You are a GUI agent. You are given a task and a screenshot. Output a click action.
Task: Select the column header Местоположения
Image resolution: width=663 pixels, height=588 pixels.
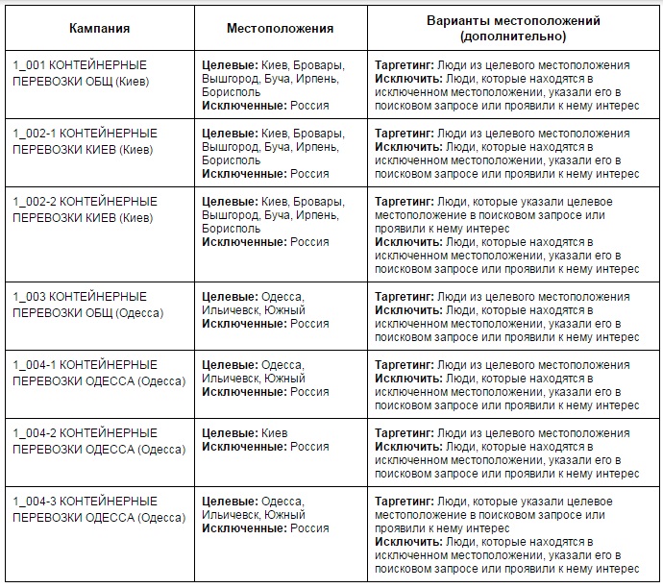(280, 28)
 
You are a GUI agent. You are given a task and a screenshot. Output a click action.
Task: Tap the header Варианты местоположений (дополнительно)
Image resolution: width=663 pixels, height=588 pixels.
(513, 28)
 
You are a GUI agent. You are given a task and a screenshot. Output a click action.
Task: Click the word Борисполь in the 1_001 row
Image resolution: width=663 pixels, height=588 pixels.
(231, 92)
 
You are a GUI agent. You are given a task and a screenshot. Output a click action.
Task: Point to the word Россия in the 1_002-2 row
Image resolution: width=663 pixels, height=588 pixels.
(309, 242)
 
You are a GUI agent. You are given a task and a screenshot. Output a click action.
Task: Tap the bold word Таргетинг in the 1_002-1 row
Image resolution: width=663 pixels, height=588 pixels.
(404, 134)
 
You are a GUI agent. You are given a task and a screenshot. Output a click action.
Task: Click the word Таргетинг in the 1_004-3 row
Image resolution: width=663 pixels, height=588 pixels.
(404, 502)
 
